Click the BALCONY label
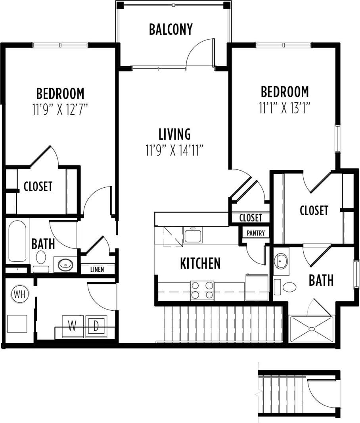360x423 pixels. click(x=171, y=29)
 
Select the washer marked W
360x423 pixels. click(x=72, y=326)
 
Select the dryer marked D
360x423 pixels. click(x=96, y=326)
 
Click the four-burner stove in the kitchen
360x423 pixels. click(x=202, y=290)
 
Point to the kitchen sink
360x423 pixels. click(x=193, y=235)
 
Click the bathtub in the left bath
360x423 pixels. click(x=17, y=241)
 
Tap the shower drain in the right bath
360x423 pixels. click(x=312, y=329)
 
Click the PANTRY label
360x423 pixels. click(x=255, y=233)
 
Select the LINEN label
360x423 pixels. click(x=97, y=269)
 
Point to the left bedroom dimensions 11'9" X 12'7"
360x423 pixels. click(x=60, y=110)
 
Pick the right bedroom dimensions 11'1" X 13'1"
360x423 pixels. click(x=284, y=108)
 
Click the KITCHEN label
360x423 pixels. click(x=200, y=263)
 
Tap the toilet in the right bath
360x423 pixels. click(x=289, y=286)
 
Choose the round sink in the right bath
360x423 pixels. click(x=281, y=261)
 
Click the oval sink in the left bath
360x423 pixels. click(x=64, y=264)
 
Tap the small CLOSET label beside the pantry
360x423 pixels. click(x=251, y=217)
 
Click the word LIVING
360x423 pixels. click(x=175, y=134)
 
